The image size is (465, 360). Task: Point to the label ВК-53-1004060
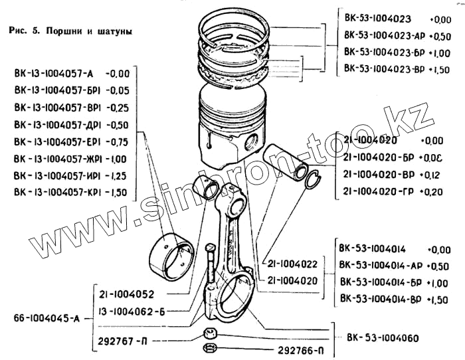click(x=383, y=337)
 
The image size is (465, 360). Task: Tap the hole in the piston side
click(x=252, y=141)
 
